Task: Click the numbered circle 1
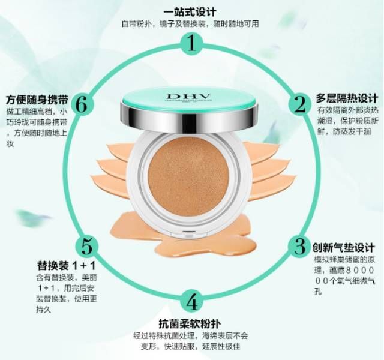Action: coord(191,43)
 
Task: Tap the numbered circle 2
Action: coord(299,104)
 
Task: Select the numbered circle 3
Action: coord(298,246)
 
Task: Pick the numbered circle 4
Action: coord(191,301)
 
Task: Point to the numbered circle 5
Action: coord(88,246)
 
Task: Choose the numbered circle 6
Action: coord(82,104)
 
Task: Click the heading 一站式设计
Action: coord(190,12)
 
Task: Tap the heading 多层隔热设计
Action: coord(347,98)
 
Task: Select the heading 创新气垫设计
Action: coord(344,247)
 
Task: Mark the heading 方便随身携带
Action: coord(35,98)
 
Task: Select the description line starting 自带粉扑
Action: coord(191,24)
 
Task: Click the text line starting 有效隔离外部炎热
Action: coord(347,110)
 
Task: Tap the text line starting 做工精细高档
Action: coord(37,111)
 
